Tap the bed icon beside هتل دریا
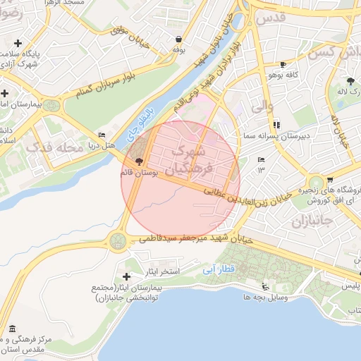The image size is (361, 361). (102, 135)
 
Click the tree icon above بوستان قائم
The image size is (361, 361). (137, 161)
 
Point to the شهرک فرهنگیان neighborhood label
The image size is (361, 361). (186, 159)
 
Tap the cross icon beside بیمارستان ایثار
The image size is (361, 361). (127, 276)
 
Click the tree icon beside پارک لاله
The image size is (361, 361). (350, 82)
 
